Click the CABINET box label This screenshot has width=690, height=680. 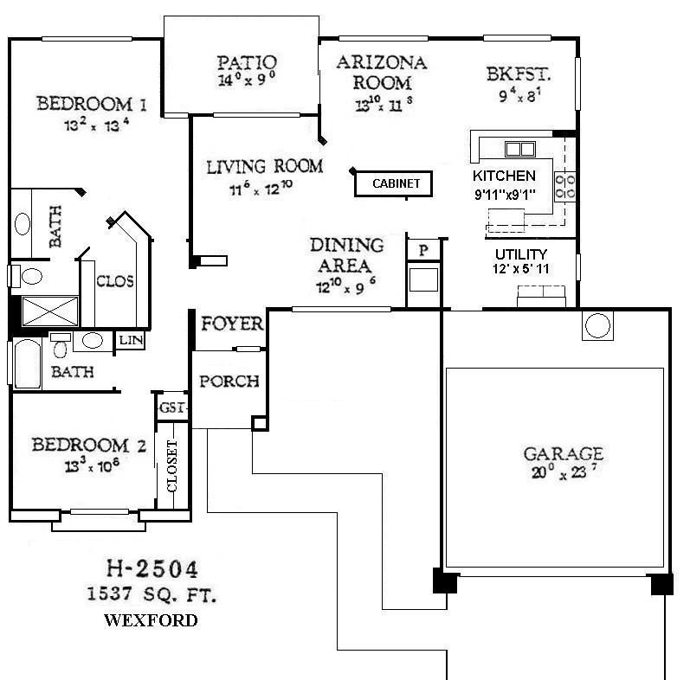tap(396, 183)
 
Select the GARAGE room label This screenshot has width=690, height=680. tap(563, 454)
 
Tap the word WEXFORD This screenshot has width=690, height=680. tap(151, 620)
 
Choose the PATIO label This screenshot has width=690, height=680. tap(247, 62)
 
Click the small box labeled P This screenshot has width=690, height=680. tap(423, 249)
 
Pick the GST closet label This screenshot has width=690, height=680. tap(170, 407)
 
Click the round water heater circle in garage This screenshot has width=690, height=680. tap(597, 325)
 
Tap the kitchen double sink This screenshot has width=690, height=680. tap(520, 148)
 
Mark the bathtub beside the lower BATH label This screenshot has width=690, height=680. tap(24, 364)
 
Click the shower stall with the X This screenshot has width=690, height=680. tap(49, 311)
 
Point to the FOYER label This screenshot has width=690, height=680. tap(232, 324)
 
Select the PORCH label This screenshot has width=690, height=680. tap(229, 382)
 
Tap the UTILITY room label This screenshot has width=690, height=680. tap(520, 254)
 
